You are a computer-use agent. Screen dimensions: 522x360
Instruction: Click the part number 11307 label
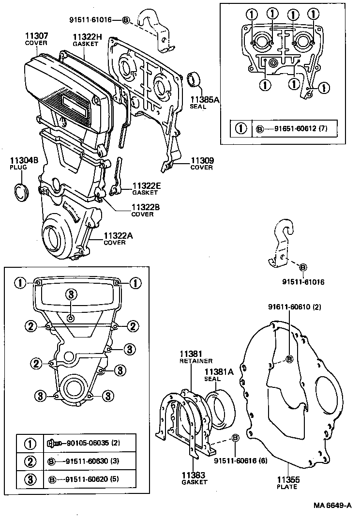coord(36,35)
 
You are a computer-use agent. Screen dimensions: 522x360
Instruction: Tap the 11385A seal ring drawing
coord(195,78)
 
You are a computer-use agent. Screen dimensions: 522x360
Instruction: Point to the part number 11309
coord(202,160)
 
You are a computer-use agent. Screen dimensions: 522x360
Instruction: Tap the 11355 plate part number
coord(287,480)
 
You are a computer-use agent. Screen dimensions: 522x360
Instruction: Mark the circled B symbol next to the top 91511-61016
coord(125,20)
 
